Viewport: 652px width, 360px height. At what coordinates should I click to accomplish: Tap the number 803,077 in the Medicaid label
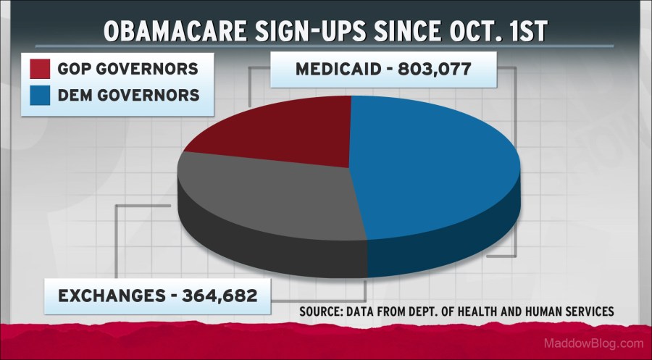pos(435,71)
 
